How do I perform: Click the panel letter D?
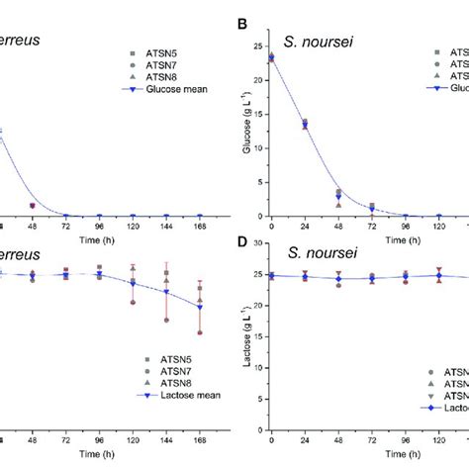[242, 252]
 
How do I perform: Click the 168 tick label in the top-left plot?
[199, 228]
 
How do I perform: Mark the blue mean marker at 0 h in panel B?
[271, 59]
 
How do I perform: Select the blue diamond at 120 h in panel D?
[438, 276]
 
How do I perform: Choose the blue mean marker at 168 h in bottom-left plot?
[199, 307]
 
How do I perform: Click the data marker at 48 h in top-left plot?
[32, 206]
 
